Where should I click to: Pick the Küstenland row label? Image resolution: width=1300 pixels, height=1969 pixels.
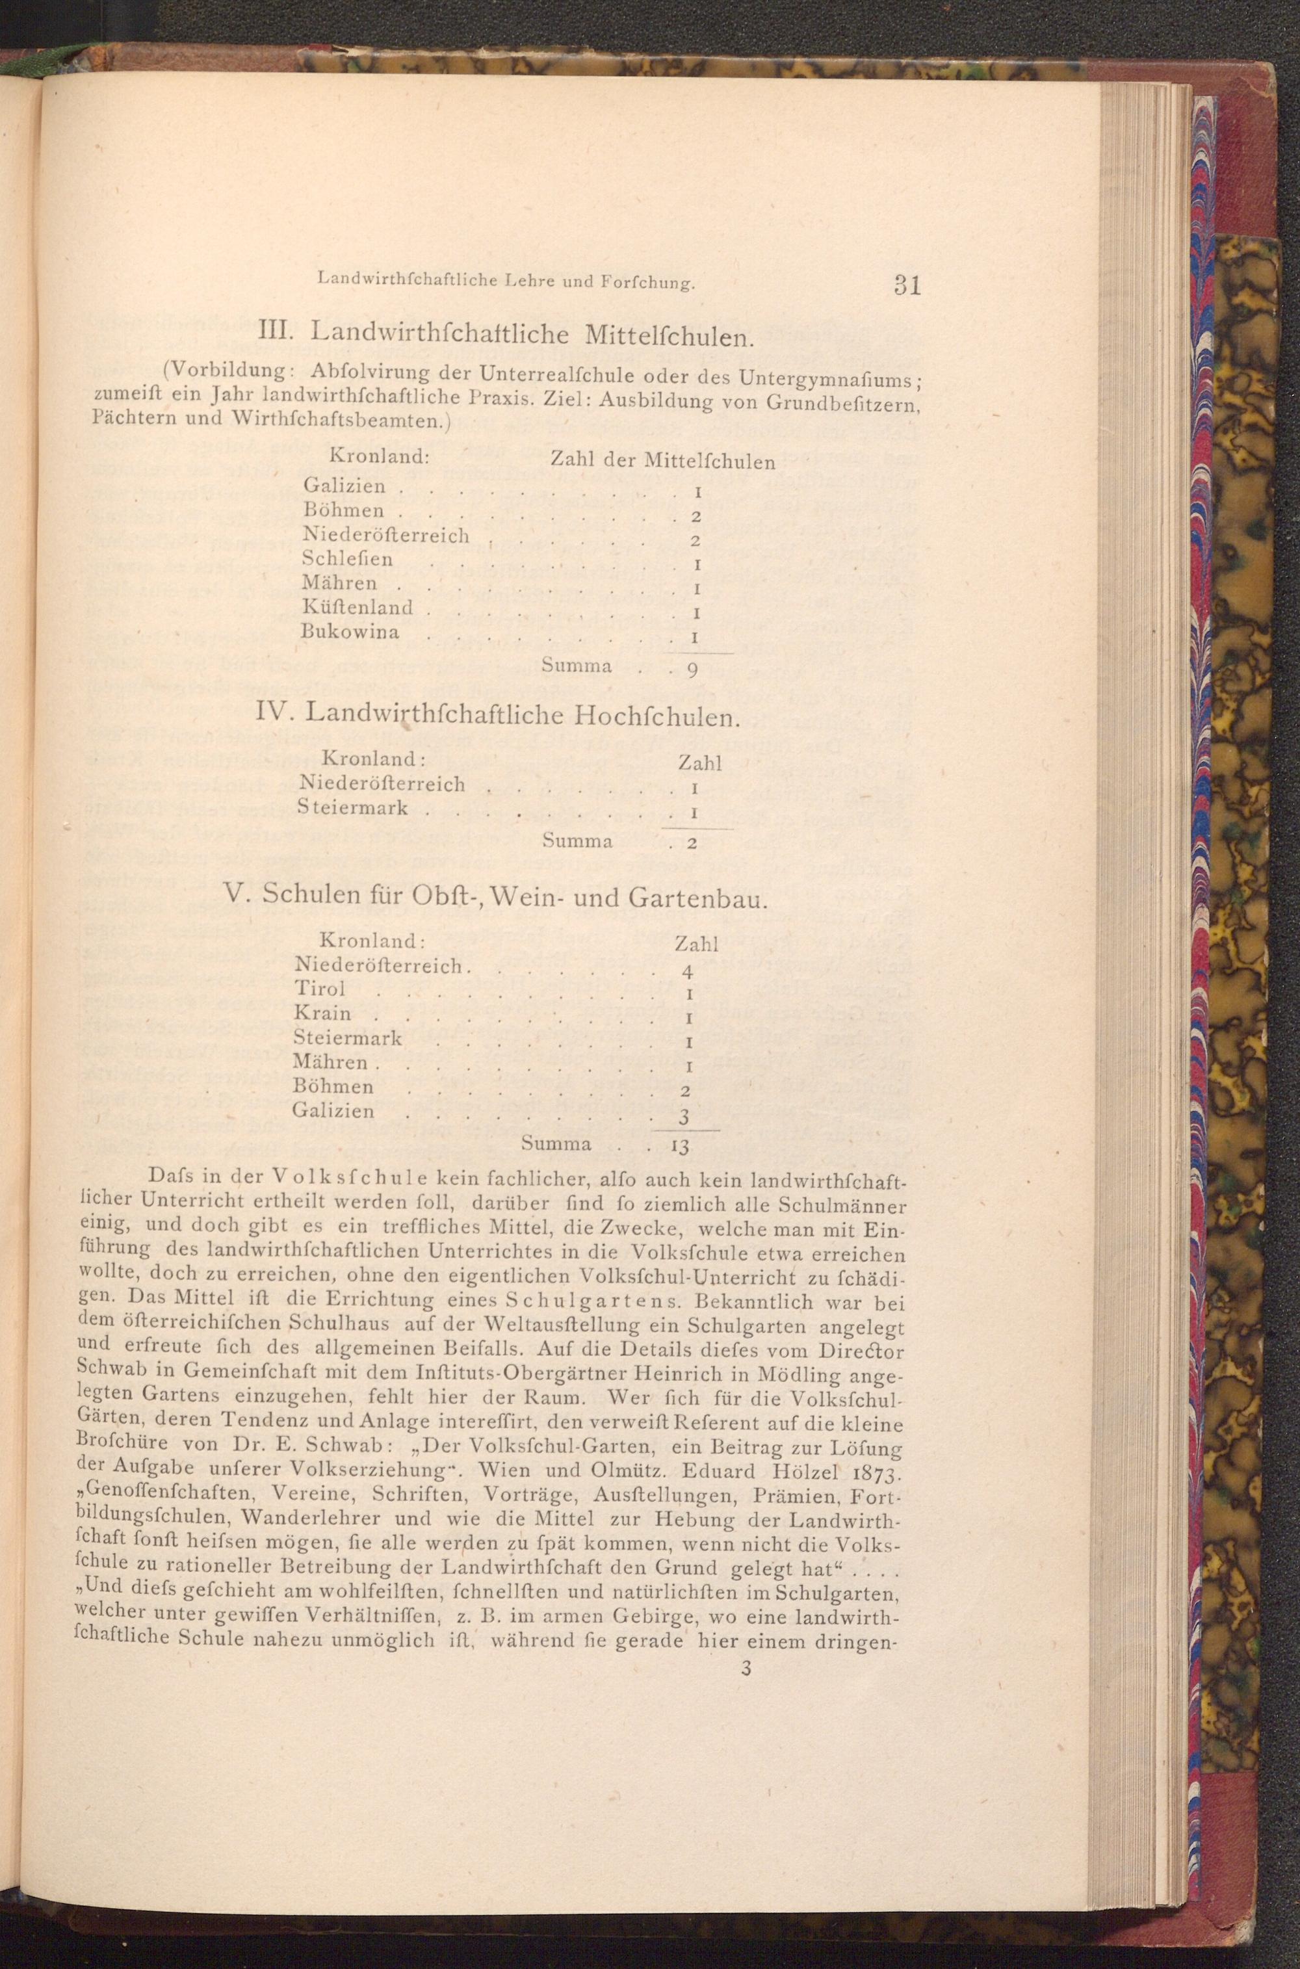[x=357, y=608]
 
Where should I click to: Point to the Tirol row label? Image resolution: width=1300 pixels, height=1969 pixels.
[x=320, y=989]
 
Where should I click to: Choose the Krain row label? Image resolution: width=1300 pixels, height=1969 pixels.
[x=322, y=1014]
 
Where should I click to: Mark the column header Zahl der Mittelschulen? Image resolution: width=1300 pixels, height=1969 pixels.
[x=662, y=461]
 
